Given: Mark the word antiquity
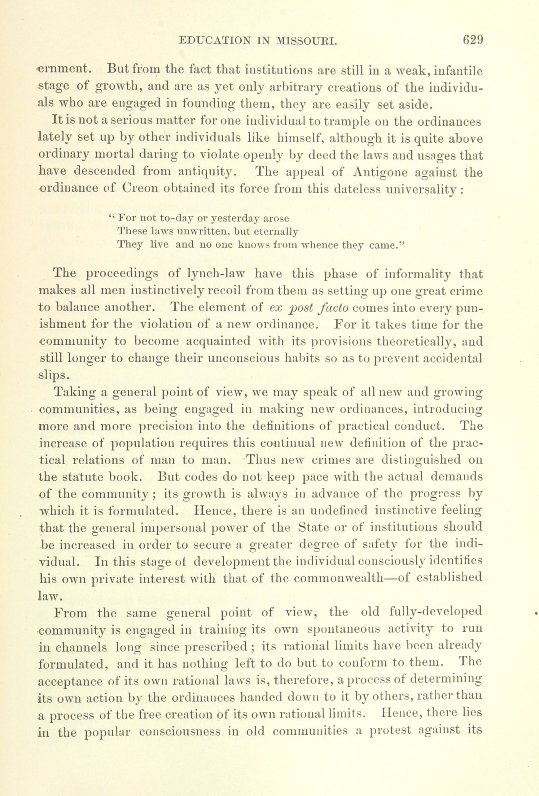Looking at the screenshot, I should [x=207, y=172].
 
